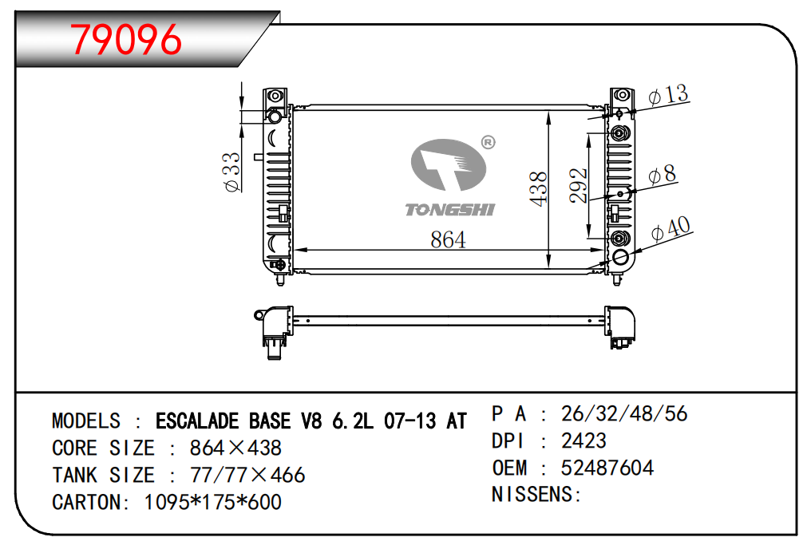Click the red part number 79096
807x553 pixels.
[x=126, y=40]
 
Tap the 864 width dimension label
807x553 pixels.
[x=448, y=239]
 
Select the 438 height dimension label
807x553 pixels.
[x=538, y=189]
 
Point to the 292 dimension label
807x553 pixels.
[x=579, y=185]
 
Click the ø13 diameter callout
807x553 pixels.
[x=668, y=95]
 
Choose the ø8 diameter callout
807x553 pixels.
[x=662, y=175]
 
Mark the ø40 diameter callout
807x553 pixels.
[x=671, y=229]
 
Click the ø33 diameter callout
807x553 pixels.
[x=232, y=172]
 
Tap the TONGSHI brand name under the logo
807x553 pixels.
[x=450, y=210]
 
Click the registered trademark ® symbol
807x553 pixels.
[x=488, y=143]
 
